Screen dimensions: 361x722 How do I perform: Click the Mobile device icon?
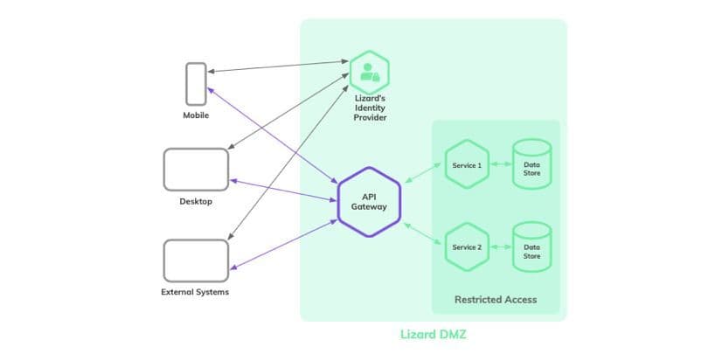click(x=196, y=84)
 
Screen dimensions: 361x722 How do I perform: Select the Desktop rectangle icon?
click(x=196, y=169)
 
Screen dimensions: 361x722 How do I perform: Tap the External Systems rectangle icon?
click(x=196, y=260)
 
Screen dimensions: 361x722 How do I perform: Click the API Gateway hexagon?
click(x=368, y=202)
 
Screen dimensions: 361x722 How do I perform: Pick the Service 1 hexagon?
click(x=466, y=164)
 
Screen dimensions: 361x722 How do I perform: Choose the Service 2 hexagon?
click(x=466, y=247)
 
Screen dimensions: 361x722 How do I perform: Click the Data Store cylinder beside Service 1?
click(x=531, y=164)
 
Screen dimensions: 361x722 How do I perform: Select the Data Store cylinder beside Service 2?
click(x=531, y=247)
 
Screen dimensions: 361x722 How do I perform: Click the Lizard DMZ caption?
click(x=433, y=335)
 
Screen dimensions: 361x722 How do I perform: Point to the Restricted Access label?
click(x=495, y=300)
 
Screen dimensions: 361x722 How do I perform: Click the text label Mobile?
click(x=196, y=115)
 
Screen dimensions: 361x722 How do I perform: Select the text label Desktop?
click(x=196, y=202)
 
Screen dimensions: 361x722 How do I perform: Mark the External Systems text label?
click(x=195, y=292)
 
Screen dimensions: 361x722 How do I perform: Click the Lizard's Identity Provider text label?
click(x=371, y=108)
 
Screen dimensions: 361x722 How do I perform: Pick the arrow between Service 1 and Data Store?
click(x=499, y=164)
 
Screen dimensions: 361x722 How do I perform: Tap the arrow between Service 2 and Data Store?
click(x=499, y=247)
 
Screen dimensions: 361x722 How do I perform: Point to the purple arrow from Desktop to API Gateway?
click(x=283, y=191)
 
